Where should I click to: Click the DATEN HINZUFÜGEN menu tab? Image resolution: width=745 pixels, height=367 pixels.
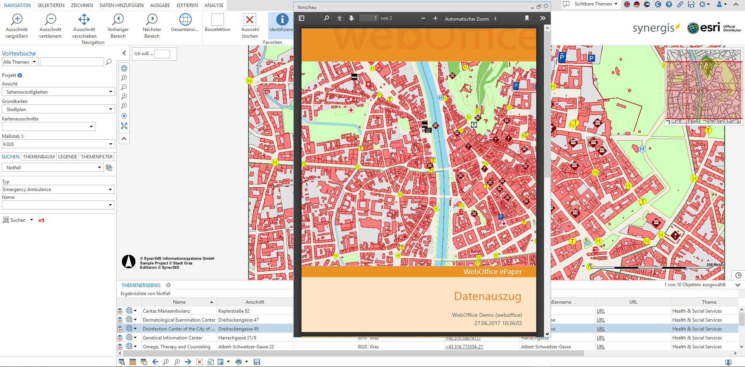(121, 5)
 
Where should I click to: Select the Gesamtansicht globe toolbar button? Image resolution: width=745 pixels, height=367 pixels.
(185, 23)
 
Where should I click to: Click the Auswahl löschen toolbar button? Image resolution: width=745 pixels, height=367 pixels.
(250, 26)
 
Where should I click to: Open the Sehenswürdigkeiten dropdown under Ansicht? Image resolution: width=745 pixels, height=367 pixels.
(58, 92)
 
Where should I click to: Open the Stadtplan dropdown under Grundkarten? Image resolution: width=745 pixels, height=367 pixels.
(58, 110)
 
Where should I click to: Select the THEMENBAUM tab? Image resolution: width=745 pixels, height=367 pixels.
(39, 157)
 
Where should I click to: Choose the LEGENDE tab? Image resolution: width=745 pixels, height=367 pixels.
(68, 157)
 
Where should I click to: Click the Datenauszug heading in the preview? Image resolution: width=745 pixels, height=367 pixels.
(487, 296)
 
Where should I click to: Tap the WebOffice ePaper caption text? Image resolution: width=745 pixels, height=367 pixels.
(492, 272)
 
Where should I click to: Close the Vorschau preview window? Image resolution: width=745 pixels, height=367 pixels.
(546, 6)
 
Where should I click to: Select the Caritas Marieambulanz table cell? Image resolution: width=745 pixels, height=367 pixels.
(166, 311)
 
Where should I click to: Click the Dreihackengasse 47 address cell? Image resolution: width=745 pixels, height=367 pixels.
(238, 320)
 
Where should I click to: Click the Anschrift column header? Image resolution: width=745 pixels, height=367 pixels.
(255, 302)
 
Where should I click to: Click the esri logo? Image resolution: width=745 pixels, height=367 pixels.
(704, 28)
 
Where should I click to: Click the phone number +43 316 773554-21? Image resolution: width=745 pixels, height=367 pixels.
(464, 347)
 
